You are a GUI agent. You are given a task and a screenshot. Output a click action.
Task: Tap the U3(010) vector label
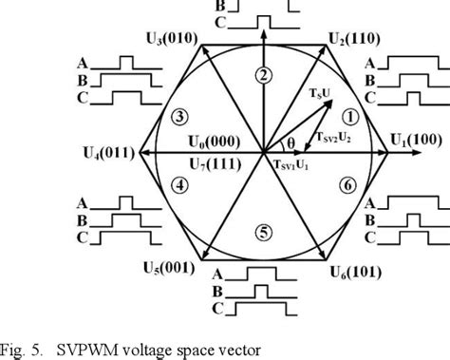(x=171, y=38)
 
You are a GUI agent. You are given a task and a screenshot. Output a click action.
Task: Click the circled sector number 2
(x=265, y=76)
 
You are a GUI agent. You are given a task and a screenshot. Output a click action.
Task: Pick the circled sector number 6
(x=349, y=185)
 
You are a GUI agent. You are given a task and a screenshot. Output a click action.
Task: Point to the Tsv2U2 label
(x=333, y=137)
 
